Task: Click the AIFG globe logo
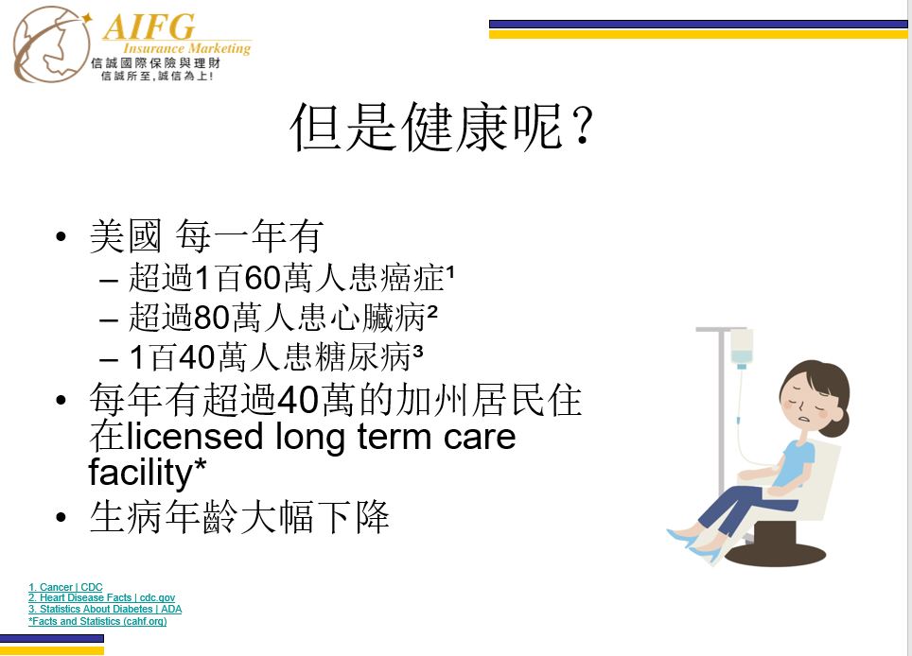tap(51, 44)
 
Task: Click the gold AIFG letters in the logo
tap(149, 26)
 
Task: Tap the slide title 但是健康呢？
tap(442, 127)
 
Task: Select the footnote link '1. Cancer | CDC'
tap(65, 587)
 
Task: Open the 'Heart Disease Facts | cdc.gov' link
tap(101, 597)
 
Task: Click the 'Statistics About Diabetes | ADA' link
tap(105, 609)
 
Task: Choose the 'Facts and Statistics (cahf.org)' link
tap(97, 621)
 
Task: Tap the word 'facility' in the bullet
tap(140, 472)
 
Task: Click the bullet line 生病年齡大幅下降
tap(239, 516)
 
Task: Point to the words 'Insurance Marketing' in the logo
tap(186, 49)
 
